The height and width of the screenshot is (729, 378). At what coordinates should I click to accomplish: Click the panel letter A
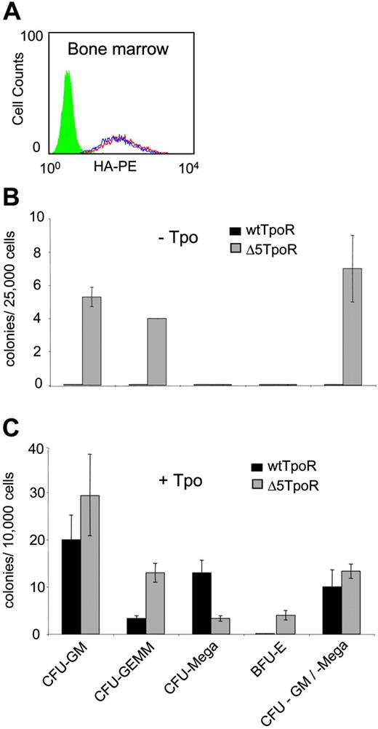point(18,12)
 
